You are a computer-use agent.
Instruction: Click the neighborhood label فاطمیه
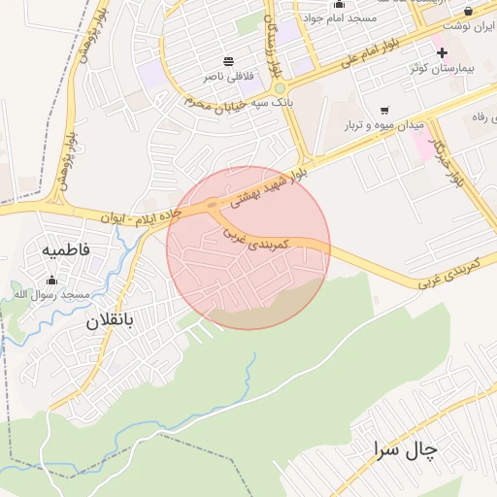click(66, 249)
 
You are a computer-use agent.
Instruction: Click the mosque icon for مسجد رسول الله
click(51, 281)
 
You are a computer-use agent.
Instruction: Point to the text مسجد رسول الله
click(50, 294)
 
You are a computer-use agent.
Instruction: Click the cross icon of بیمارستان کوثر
click(443, 51)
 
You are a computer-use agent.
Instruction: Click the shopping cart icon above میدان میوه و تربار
click(385, 110)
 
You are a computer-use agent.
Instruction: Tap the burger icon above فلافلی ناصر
click(229, 60)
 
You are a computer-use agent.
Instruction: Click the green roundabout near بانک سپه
click(280, 87)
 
